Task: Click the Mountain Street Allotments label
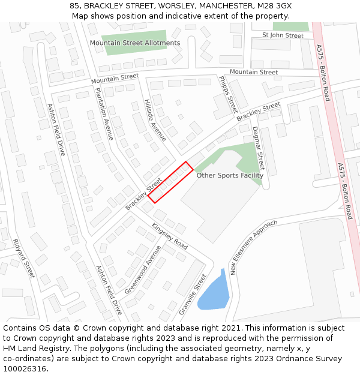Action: (x=134, y=43)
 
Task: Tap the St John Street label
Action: (x=283, y=35)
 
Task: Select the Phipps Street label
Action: (x=228, y=94)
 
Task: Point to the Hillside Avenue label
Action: (x=155, y=120)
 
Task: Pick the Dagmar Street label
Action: (x=258, y=148)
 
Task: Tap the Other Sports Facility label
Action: (x=230, y=176)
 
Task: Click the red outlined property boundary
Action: (x=170, y=182)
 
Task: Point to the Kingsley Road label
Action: (x=169, y=236)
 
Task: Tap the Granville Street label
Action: (x=193, y=294)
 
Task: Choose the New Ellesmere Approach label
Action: (x=253, y=247)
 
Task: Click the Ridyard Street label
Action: (x=25, y=259)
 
